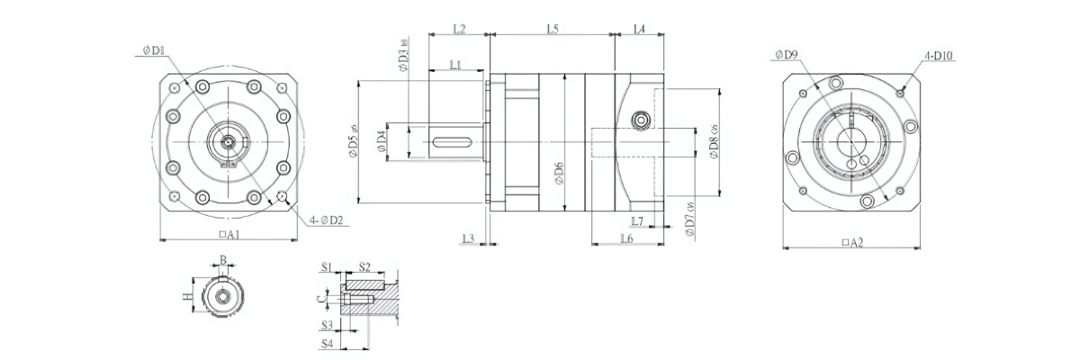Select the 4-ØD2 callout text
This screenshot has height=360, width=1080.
(x=328, y=220)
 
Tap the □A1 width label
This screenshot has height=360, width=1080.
(x=229, y=234)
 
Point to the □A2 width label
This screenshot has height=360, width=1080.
(x=850, y=243)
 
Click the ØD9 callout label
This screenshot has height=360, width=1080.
(x=786, y=55)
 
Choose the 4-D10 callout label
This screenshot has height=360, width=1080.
(x=939, y=56)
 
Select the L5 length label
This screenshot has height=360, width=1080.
(x=553, y=30)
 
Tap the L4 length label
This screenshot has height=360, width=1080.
(x=639, y=30)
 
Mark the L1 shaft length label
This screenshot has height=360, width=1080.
(x=455, y=65)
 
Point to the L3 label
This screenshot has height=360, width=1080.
(x=467, y=238)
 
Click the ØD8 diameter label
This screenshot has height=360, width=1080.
(x=714, y=143)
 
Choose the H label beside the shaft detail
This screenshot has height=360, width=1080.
(x=187, y=296)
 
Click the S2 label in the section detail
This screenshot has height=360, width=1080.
(x=364, y=267)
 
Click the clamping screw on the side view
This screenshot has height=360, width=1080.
(x=642, y=120)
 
